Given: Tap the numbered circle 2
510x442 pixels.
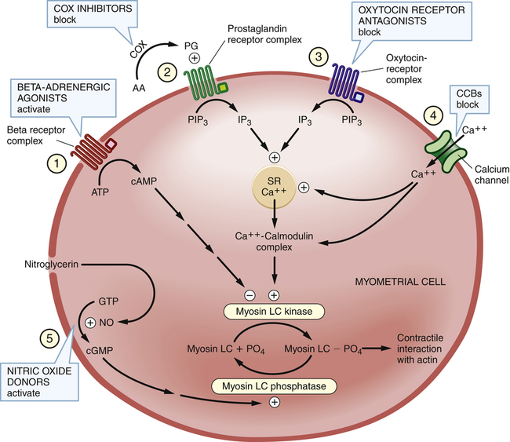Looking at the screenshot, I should point(166,71).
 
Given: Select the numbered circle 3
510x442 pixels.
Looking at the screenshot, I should point(317,57).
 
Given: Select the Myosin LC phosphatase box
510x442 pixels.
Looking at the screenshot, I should point(274,385).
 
